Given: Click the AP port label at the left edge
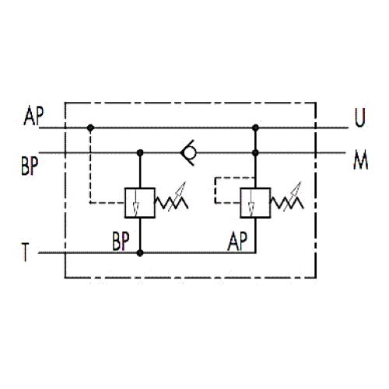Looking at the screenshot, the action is pos(33,116).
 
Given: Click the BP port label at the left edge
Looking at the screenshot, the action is pos(30,166).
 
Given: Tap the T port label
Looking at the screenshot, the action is pos(26,252).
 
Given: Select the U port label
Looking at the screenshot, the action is pos(360,117).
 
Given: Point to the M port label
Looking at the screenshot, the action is pos(361,160).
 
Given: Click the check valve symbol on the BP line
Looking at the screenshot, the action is pos(188,153).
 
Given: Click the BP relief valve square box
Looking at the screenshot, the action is pos(140,203).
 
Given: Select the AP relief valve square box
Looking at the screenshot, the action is pos(255,203).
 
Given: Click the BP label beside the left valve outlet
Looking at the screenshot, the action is pos(121,241).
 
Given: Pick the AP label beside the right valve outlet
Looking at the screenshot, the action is pos(237,241).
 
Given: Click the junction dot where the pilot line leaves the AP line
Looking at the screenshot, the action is pos(90,128).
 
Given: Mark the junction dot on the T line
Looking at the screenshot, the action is pos(140,253).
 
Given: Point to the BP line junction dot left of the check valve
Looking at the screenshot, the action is pos(140,152).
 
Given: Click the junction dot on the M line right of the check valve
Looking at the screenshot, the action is pos(255,152).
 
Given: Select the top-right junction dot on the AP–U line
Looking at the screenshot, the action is pos(255,128).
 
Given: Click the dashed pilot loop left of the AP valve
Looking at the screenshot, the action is pos(215,190).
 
